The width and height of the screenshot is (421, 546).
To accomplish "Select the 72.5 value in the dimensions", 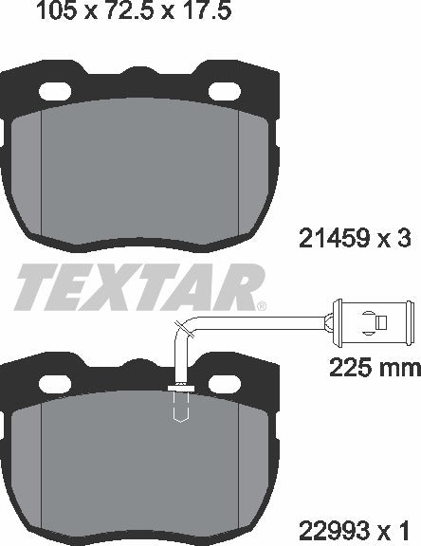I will point(123,12).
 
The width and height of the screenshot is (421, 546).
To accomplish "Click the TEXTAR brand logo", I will point(137,283).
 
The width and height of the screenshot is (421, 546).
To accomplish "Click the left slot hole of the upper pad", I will point(58,91).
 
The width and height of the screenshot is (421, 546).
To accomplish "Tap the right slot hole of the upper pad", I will point(225,91).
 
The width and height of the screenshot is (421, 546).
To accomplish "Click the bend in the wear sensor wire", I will point(183,327).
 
